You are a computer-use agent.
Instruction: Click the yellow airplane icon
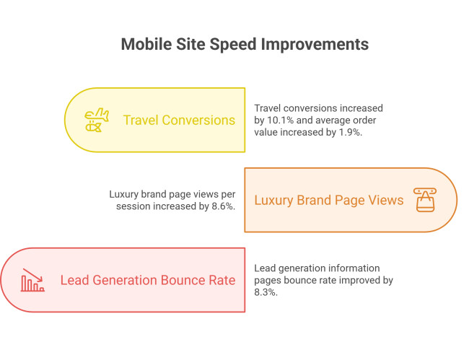click(x=97, y=120)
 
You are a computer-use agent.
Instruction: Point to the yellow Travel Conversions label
click(x=179, y=120)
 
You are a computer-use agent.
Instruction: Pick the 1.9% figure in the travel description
click(x=350, y=132)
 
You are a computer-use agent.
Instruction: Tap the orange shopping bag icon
click(x=425, y=200)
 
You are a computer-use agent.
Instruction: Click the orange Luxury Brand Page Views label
click(x=329, y=200)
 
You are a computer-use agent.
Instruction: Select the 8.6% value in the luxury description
click(x=224, y=206)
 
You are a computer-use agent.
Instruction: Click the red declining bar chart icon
click(x=32, y=280)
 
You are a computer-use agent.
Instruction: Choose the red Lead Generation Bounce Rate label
click(x=148, y=280)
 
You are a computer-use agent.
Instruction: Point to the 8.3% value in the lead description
click(x=266, y=292)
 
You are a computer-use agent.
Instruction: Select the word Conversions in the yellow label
click(x=199, y=120)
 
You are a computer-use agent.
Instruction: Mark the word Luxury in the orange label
click(x=273, y=200)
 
